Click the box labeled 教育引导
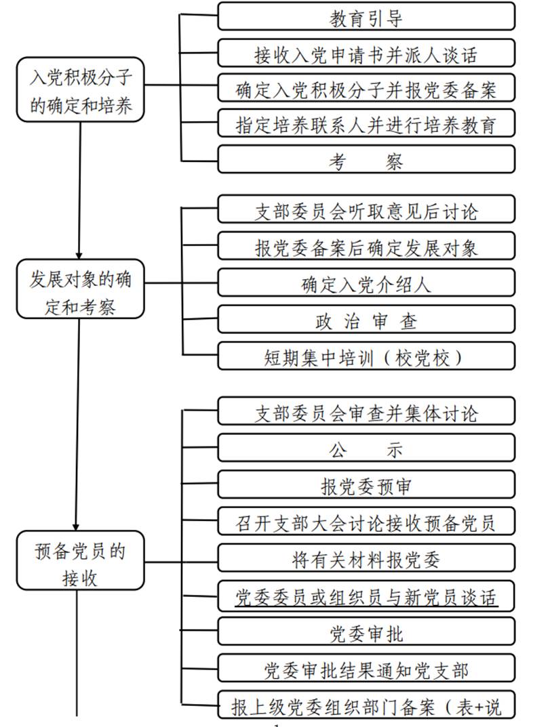366,16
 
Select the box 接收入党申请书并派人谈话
366,52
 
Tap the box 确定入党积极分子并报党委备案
366,89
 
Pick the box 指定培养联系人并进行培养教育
366,125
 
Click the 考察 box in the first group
366,161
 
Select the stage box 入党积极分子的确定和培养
81,90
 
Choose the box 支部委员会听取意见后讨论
366,211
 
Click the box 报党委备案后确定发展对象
366,247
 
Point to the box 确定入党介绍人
366,283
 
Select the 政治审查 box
366,320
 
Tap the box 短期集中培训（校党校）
366,356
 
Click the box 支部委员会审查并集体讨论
366,412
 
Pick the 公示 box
366,449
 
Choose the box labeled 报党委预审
366,486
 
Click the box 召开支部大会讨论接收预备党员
366,522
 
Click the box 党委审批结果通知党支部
366,670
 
